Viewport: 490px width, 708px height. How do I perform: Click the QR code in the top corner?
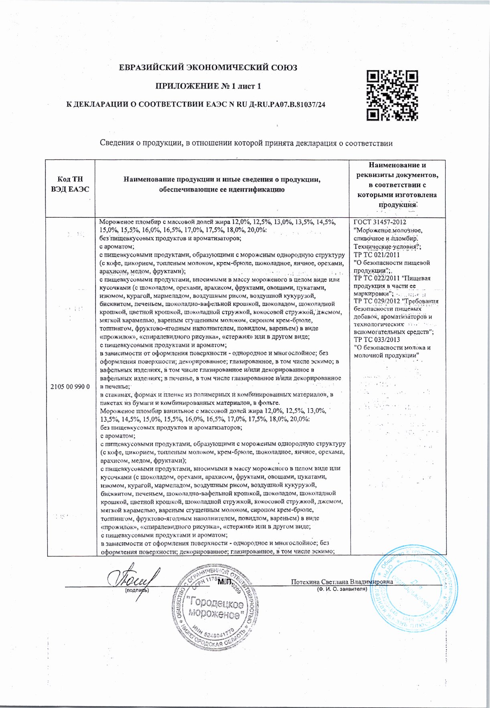click(x=393, y=95)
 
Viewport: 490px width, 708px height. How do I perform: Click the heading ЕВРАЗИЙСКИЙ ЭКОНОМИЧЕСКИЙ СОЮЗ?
click(x=209, y=68)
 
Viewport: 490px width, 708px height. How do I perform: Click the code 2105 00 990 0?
click(x=71, y=386)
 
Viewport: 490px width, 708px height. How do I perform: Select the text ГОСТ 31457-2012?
click(x=380, y=223)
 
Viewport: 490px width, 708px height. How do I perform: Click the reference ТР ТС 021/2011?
click(x=377, y=255)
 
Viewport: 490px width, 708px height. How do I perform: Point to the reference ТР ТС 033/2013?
click(x=377, y=340)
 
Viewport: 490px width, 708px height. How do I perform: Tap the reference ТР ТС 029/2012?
click(x=375, y=301)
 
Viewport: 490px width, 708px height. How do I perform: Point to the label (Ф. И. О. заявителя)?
click(x=341, y=589)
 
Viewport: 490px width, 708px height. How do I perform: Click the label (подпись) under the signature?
click(x=136, y=590)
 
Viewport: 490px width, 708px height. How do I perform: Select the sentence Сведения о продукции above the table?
click(x=245, y=143)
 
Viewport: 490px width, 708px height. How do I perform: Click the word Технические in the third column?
click(x=371, y=247)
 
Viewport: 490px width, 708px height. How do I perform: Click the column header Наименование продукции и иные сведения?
click(x=222, y=184)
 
